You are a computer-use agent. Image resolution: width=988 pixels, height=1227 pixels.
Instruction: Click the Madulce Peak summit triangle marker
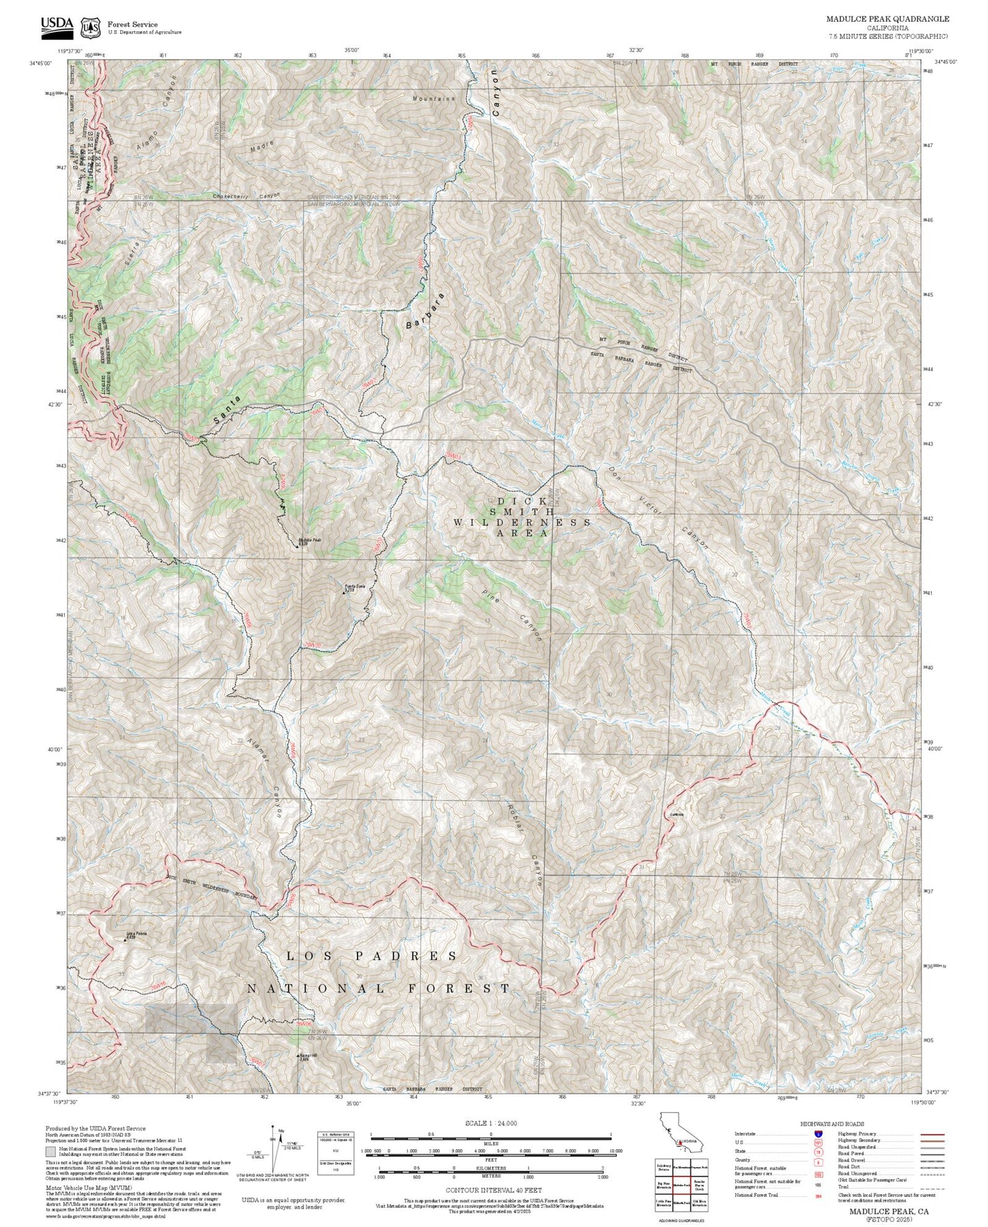tap(297, 546)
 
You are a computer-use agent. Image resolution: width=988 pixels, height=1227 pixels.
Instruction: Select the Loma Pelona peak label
tap(135, 935)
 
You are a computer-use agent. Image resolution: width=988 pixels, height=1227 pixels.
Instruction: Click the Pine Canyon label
tap(511, 614)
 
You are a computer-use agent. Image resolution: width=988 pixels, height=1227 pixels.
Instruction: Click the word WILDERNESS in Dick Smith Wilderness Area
tap(522, 522)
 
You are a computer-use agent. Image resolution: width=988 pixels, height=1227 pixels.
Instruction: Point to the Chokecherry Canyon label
tap(246, 196)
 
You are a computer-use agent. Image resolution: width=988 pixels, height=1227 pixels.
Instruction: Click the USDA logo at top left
tap(56, 25)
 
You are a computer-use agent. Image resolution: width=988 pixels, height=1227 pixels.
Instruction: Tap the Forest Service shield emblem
tap(90, 27)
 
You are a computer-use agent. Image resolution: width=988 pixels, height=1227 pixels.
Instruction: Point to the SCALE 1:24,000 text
tap(490, 1123)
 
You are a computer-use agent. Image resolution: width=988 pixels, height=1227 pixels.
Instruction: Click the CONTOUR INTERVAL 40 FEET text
tap(490, 1189)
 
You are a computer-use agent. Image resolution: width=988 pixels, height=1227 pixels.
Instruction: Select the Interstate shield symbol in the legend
tap(818, 1134)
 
